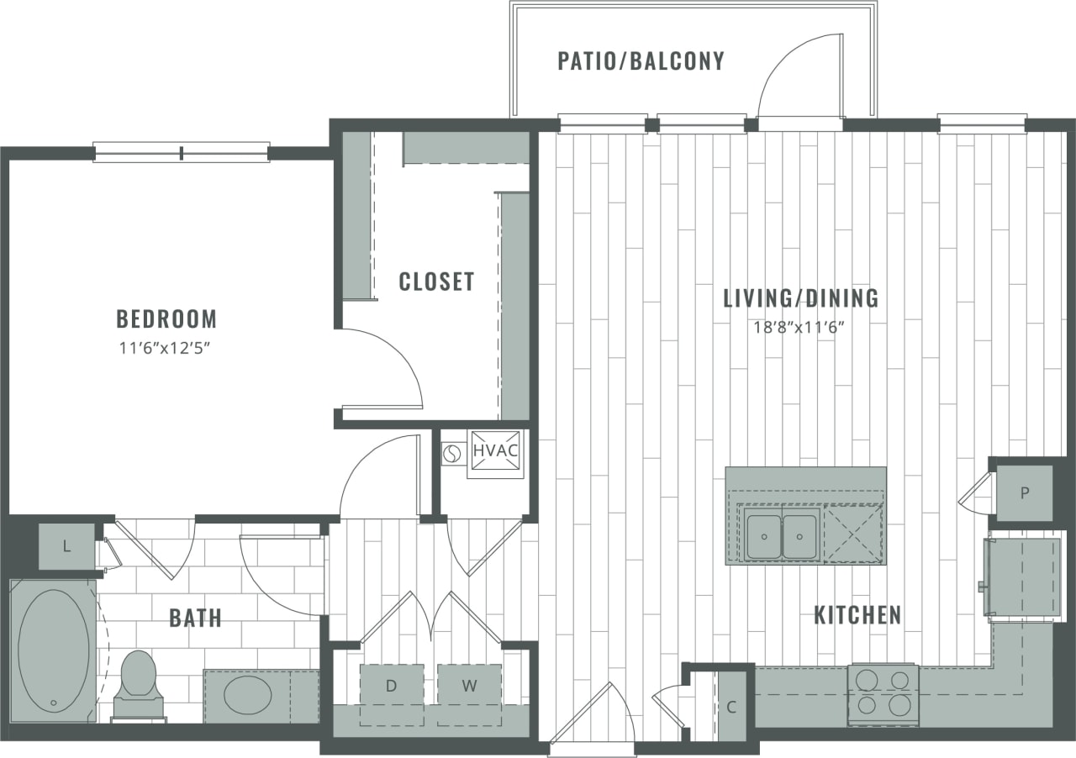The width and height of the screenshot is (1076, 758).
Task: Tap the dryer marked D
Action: (391, 686)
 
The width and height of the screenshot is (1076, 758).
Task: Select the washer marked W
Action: (469, 686)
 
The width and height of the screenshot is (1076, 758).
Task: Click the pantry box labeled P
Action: (1024, 493)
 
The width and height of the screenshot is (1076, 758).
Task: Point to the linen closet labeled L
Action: (66, 547)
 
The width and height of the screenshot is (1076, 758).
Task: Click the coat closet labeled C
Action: (731, 707)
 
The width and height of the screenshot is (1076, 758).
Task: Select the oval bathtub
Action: (53, 650)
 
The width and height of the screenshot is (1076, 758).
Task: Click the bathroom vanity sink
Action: (247, 695)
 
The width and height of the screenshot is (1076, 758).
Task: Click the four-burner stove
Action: (882, 694)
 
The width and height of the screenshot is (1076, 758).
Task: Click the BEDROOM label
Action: (166, 319)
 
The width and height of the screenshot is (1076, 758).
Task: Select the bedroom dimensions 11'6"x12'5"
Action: (166, 348)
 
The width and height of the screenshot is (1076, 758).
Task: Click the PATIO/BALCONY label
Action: (641, 61)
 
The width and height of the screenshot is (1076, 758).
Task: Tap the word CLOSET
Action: (436, 282)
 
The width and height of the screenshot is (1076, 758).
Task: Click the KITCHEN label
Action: (857, 615)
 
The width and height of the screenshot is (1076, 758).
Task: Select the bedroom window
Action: (181, 152)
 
